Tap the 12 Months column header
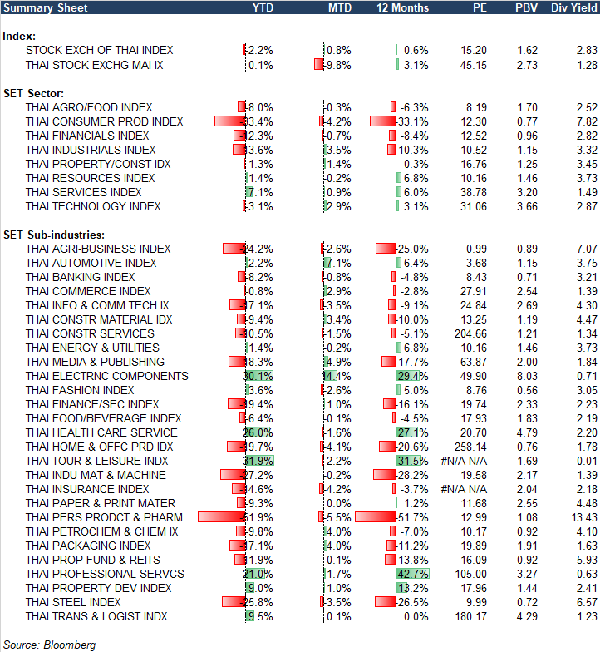[403, 7]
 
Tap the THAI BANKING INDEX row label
[80, 277]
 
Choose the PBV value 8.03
[527, 376]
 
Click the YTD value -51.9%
[258, 517]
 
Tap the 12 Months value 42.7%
[414, 574]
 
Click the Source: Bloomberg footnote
[50, 645]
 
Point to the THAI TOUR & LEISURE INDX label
[96, 461]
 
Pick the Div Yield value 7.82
[585, 121]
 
